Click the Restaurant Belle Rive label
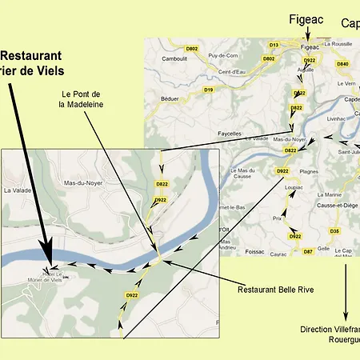pyautogui.click(x=279, y=289)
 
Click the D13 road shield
pyautogui.click(x=274, y=45)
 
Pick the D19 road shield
pyautogui.click(x=209, y=90)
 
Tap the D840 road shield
pyautogui.click(x=342, y=63)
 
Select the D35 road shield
pyautogui.click(x=334, y=231)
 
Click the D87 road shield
pyautogui.click(x=308, y=252)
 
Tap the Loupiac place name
pyautogui.click(x=296, y=186)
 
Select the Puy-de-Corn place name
pyautogui.click(x=224, y=55)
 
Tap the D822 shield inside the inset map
pyautogui.click(x=162, y=184)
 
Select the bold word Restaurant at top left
pyautogui.click(x=30, y=56)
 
